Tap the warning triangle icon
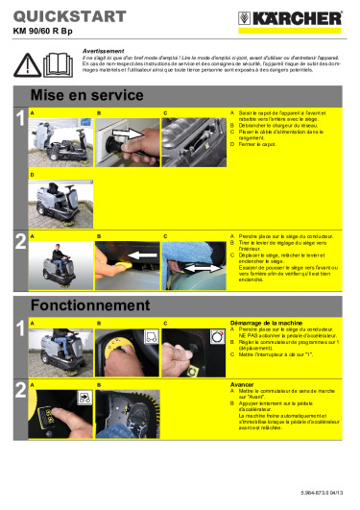click(28, 65)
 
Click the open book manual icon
click(57, 65)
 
